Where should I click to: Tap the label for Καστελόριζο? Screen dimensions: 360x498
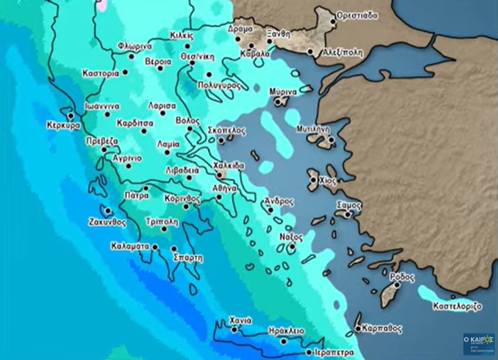pyautogui.click(x=457, y=307)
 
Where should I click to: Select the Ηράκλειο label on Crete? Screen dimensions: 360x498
pyautogui.click(x=286, y=331)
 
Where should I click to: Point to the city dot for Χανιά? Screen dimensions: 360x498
pyautogui.click(x=235, y=329)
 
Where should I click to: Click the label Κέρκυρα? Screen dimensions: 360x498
pyautogui.click(x=64, y=126)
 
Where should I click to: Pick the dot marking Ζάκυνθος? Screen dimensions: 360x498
pyautogui.click(x=108, y=210)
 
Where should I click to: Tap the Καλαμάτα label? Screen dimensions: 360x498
pyautogui.click(x=130, y=246)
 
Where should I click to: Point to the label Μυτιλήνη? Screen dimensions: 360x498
pyautogui.click(x=313, y=129)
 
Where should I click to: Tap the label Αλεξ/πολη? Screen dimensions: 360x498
pyautogui.click(x=342, y=53)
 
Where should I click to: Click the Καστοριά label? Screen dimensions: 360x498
pyautogui.click(x=101, y=74)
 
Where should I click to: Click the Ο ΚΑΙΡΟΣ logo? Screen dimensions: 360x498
pyautogui.click(x=479, y=344)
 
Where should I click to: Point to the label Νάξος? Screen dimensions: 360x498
pyautogui.click(x=291, y=237)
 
